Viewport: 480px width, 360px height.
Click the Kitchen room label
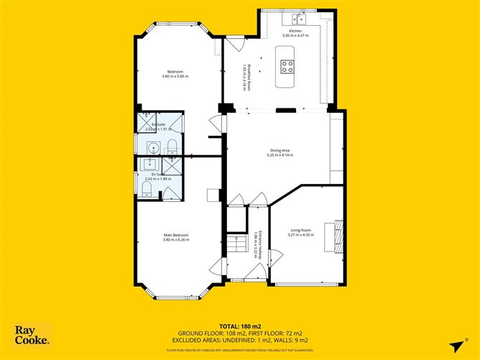(x=295, y=32)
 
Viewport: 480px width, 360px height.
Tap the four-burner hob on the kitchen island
(x=287, y=67)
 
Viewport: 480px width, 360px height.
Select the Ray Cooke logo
(x=32, y=335)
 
